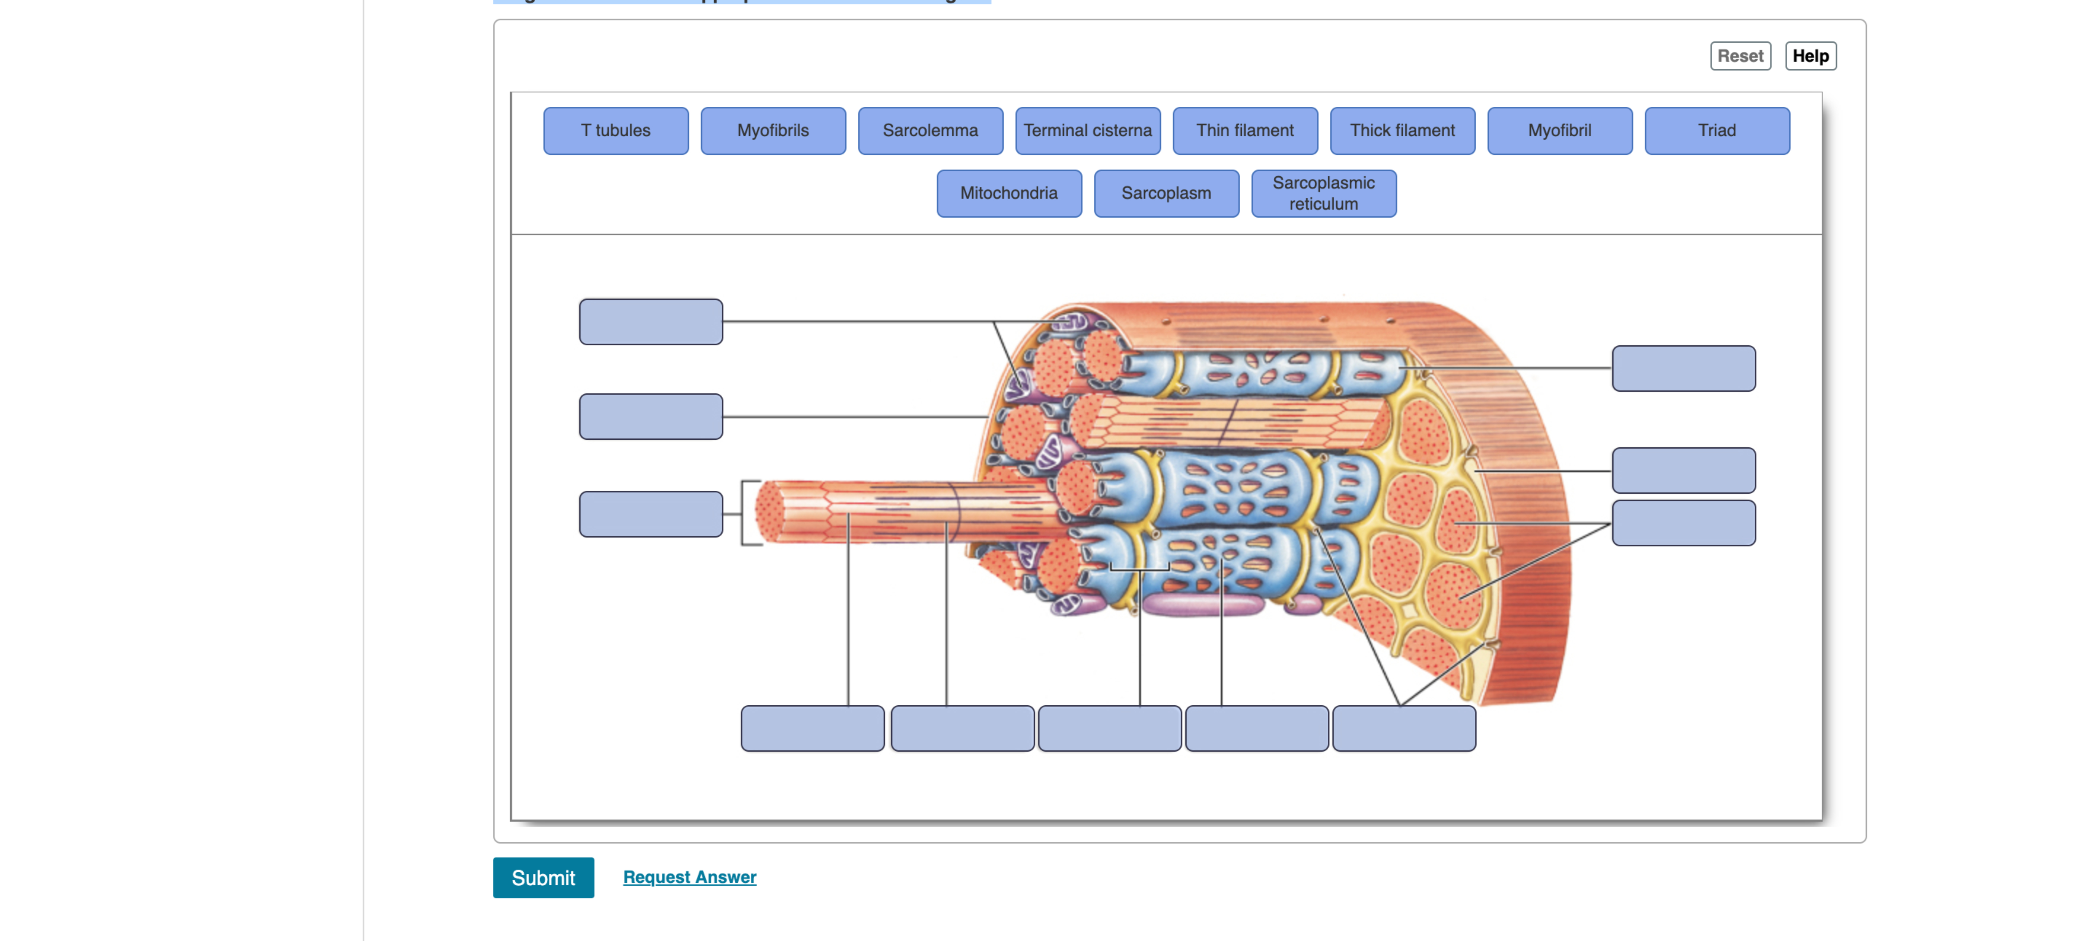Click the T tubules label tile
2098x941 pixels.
(x=616, y=130)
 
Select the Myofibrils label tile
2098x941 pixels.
(x=773, y=130)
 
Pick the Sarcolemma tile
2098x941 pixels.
(x=930, y=130)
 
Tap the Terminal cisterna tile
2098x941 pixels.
(x=1087, y=130)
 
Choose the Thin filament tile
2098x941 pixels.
(x=1245, y=130)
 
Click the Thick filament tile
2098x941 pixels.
(x=1402, y=130)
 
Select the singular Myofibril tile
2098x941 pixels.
(x=1559, y=130)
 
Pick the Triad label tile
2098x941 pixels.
(x=1717, y=130)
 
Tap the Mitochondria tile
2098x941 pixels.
(x=1008, y=193)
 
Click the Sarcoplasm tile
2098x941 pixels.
(x=1166, y=193)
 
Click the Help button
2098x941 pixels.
(x=1810, y=56)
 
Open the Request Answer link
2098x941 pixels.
(x=689, y=877)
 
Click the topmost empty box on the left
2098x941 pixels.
(x=651, y=322)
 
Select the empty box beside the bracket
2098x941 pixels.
(x=651, y=514)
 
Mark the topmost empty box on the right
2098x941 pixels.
(x=1683, y=368)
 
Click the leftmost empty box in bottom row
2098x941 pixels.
(x=812, y=728)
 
